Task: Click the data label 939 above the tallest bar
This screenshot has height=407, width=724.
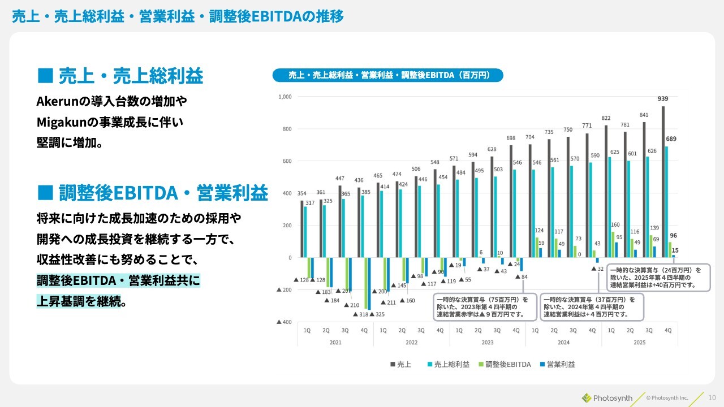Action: [663, 99]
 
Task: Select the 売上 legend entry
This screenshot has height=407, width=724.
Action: [401, 365]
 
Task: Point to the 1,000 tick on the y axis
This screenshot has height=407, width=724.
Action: [284, 97]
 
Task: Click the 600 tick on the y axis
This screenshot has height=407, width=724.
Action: [286, 162]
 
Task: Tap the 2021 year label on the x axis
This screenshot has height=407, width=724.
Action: [335, 343]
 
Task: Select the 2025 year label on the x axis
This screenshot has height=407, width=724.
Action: [639, 343]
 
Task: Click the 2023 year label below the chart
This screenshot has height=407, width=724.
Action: [488, 343]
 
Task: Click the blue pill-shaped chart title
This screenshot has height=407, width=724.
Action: [387, 75]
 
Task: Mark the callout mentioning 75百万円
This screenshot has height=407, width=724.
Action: [484, 307]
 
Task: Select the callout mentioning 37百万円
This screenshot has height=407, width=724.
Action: [591, 307]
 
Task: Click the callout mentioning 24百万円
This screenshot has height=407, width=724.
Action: [658, 278]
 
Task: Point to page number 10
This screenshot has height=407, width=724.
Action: [712, 397]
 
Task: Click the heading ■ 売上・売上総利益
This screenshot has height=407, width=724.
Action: [119, 75]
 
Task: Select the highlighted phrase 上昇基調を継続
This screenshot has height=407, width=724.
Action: [79, 301]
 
